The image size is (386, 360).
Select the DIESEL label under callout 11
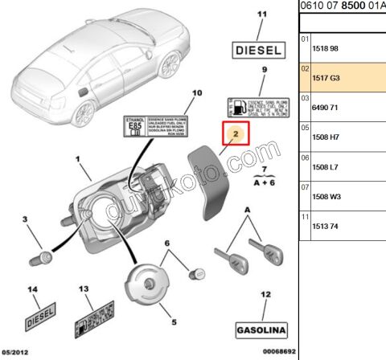[x=258, y=50]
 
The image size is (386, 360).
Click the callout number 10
[x=192, y=95]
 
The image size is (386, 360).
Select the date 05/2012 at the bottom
[x=17, y=353]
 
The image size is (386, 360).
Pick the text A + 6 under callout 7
[x=263, y=182]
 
